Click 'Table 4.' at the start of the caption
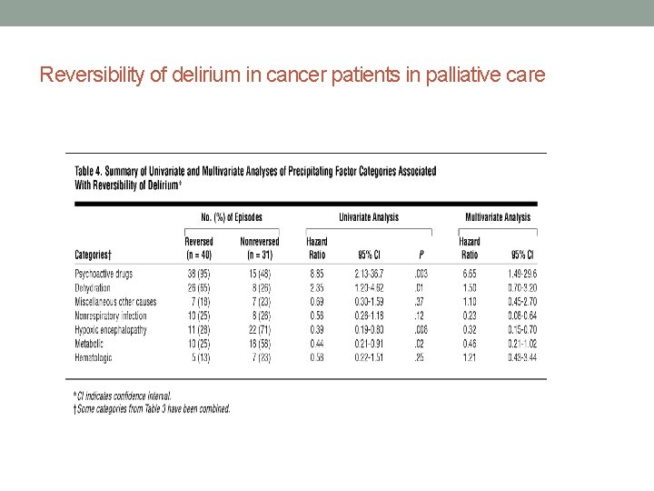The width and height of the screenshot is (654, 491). (90, 171)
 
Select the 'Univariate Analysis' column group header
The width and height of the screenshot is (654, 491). (368, 217)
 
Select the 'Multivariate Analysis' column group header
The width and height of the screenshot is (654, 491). (497, 217)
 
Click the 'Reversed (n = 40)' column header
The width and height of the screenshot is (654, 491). (199, 248)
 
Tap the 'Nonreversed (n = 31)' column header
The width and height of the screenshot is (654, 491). (260, 248)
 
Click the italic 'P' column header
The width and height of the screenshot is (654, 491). (421, 255)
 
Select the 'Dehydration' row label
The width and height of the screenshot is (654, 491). (93, 287)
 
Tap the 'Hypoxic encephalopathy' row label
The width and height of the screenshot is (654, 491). (110, 329)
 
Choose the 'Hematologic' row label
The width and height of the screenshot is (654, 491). (94, 358)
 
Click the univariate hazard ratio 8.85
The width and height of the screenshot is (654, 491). (317, 273)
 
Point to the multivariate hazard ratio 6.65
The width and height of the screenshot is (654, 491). (470, 273)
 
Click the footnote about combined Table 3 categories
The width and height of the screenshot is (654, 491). (153, 409)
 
